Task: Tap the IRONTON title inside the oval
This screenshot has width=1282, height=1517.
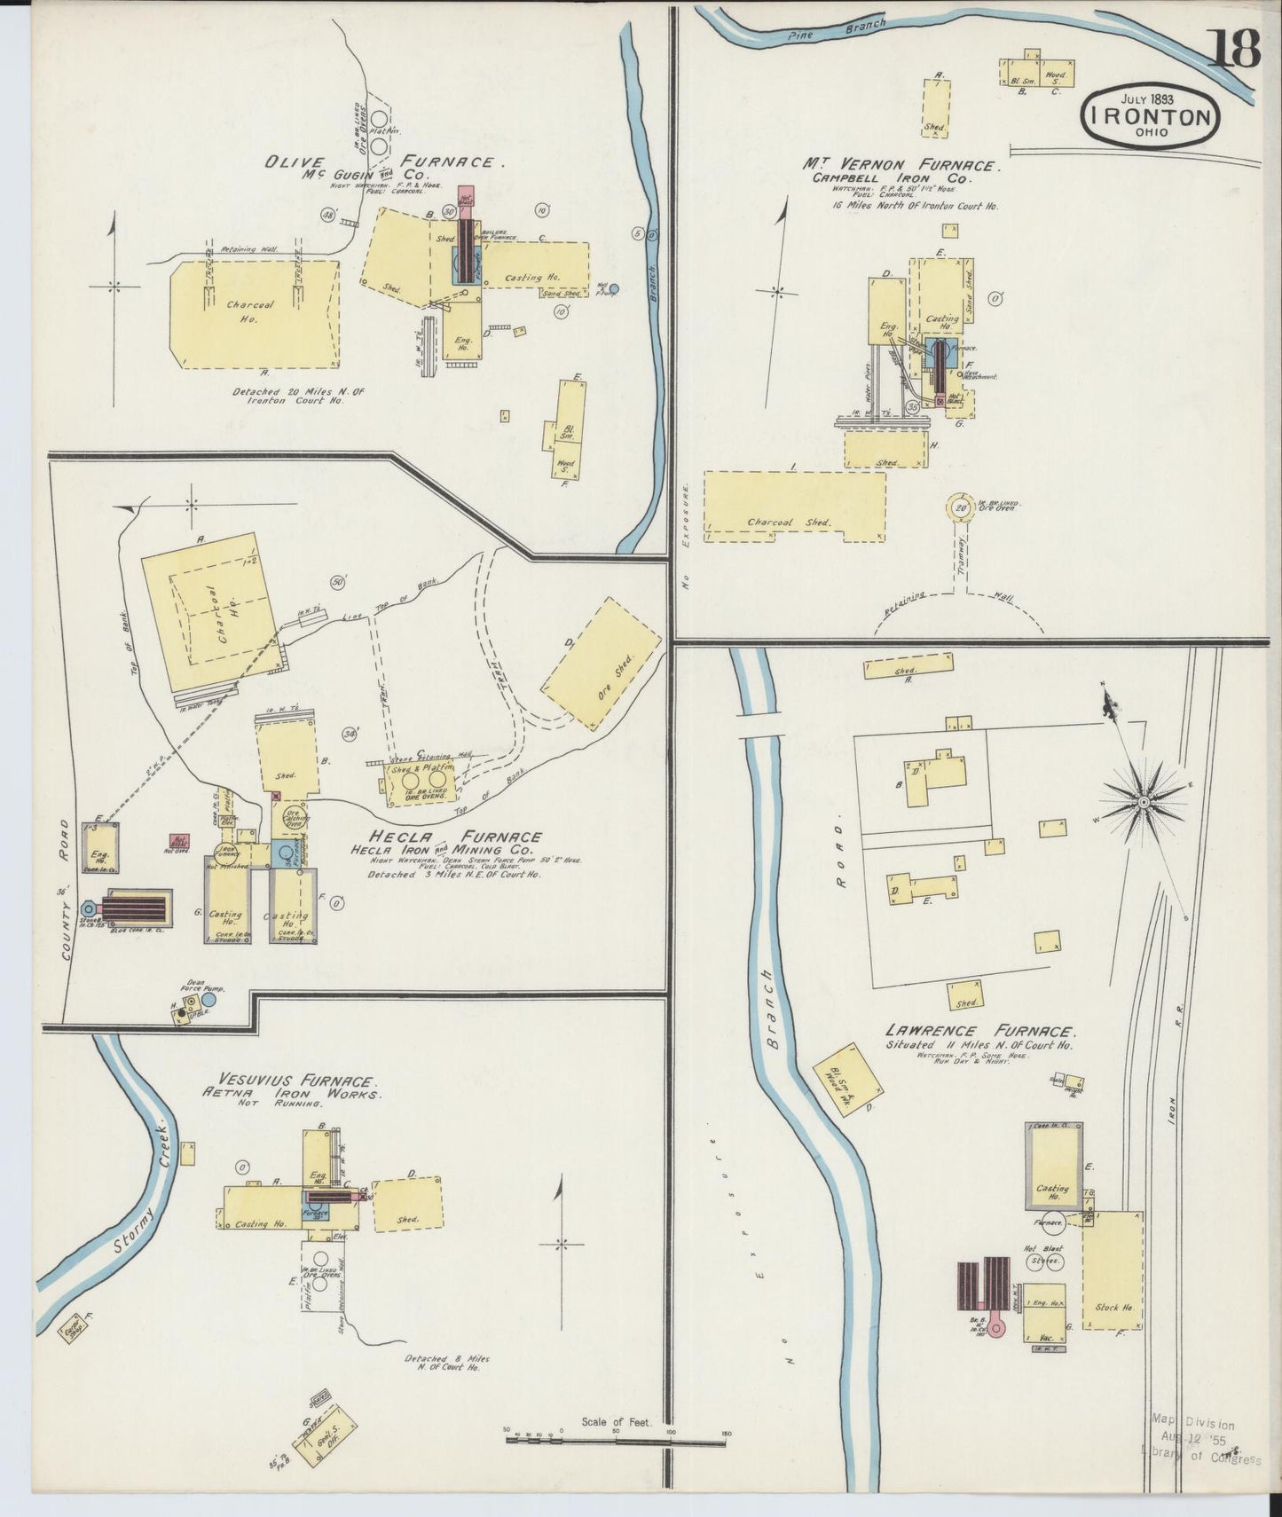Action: [1149, 118]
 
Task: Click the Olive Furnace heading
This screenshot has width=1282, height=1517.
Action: [385, 162]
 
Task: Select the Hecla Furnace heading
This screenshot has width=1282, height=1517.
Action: [458, 837]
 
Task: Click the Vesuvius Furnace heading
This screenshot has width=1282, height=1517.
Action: [312, 1082]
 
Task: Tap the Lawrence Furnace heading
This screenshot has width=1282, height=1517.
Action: [980, 1031]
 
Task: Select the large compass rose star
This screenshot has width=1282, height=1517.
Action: [1144, 802]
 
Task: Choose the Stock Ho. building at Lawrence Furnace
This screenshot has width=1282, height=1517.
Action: [1113, 1270]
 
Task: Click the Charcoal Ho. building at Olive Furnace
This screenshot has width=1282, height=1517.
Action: [253, 312]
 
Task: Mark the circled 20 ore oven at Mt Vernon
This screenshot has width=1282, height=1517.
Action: [961, 508]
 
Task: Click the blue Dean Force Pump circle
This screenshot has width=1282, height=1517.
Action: [208, 1001]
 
